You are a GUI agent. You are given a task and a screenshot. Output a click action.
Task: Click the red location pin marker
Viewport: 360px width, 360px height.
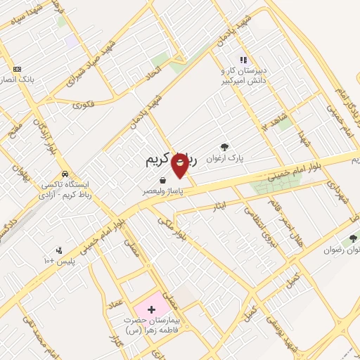click(x=180, y=166)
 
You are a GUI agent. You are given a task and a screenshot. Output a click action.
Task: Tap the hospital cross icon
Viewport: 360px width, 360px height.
click(x=151, y=309)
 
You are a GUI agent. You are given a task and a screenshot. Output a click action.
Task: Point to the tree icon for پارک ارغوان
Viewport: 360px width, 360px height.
click(x=224, y=147)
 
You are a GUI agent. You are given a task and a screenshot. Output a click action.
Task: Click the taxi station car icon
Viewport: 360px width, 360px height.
click(x=65, y=173)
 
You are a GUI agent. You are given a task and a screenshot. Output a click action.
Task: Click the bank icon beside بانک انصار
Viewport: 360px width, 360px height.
click(x=18, y=69)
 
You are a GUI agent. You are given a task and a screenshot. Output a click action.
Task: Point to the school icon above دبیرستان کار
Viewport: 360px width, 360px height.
click(x=243, y=60)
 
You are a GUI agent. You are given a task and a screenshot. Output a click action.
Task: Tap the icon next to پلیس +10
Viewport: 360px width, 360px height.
click(x=59, y=250)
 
